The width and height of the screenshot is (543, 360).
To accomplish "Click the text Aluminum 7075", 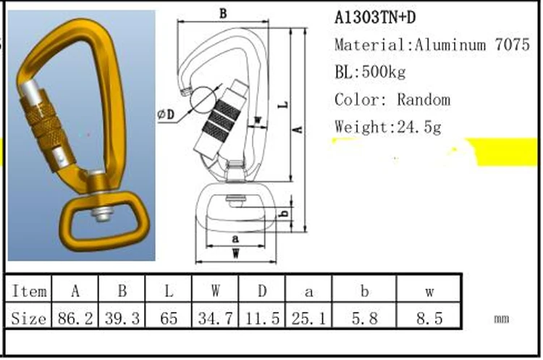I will (x=472, y=45).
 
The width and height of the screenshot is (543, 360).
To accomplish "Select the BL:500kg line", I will (x=370, y=72).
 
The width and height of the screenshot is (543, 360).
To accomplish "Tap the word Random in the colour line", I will (x=424, y=99).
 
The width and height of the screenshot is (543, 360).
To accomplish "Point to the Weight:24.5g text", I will (x=387, y=127).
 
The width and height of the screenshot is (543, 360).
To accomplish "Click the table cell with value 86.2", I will (x=75, y=317).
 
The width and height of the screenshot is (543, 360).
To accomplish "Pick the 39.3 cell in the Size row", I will (x=122, y=317).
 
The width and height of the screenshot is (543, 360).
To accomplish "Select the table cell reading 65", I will (x=169, y=317).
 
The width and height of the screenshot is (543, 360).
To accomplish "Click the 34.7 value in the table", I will (x=215, y=317).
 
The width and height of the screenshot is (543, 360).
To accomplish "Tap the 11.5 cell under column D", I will (x=262, y=317).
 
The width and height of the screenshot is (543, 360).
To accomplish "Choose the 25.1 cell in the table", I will (x=309, y=317).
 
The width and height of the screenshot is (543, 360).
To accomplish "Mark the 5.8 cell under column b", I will (x=365, y=317).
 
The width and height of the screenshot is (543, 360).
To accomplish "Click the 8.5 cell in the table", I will (x=429, y=317).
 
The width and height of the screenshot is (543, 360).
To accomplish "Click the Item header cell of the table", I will (x=30, y=291).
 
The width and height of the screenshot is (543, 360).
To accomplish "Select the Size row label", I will (x=30, y=317).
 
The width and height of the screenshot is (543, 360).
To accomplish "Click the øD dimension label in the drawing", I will (x=166, y=114).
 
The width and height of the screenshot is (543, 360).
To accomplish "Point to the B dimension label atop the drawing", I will (x=223, y=13).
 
